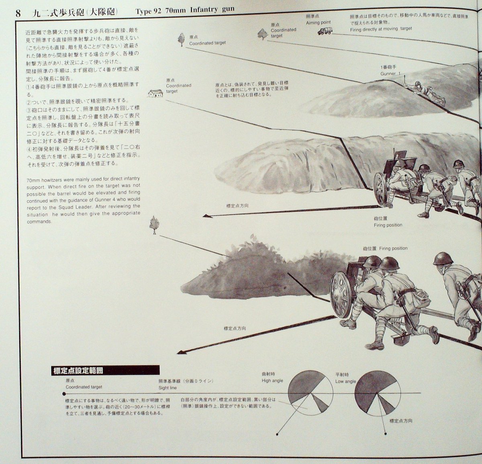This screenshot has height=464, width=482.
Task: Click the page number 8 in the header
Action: tap(18, 12)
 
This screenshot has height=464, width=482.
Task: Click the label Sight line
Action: tap(167, 388)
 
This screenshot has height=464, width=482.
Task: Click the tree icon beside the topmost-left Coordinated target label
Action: tap(181, 39)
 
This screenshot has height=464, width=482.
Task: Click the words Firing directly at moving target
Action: tap(381, 29)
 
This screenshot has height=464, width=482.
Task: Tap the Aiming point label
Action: tap(318, 22)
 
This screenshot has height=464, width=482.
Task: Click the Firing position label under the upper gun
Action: tap(388, 225)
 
